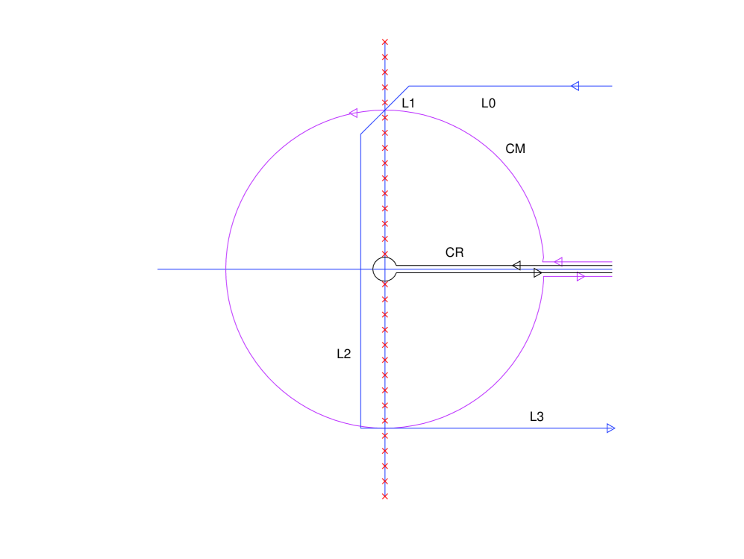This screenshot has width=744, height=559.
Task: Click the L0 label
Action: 488,104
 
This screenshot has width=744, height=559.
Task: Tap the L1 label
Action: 408,104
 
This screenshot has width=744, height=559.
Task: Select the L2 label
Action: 343,354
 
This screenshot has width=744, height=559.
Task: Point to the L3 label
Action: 537,416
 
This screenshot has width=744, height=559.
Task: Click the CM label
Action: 516,149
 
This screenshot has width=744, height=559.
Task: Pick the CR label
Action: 454,252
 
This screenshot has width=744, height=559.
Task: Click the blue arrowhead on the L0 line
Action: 575,86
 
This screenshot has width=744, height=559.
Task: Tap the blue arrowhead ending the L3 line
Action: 611,428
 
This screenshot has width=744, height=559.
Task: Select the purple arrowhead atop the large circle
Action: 353,113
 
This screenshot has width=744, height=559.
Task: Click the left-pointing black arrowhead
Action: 516,266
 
